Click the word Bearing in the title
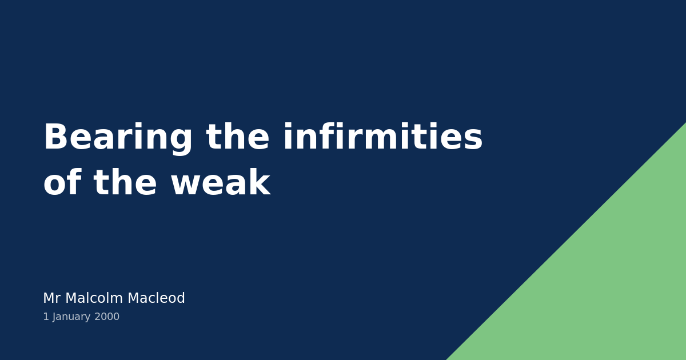click(118, 138)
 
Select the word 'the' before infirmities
click(237, 138)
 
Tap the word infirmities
click(382, 138)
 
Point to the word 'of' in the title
click(62, 184)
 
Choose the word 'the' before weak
click(125, 184)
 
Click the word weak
click(220, 184)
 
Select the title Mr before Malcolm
click(51, 299)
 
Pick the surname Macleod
click(156, 299)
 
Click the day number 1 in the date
click(46, 317)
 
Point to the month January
click(71, 317)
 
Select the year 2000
click(107, 317)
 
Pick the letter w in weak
click(185, 184)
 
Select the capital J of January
click(54, 317)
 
